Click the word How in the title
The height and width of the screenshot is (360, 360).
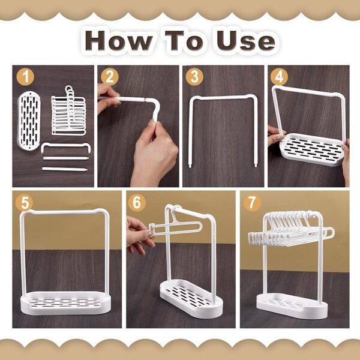point(119,41)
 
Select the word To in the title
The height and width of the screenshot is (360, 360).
point(185,41)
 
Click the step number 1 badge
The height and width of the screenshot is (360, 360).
point(25,77)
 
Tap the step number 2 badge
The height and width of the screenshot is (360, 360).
point(110,77)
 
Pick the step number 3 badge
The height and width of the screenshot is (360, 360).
point(194,77)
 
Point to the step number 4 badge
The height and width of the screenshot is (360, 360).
point(279,76)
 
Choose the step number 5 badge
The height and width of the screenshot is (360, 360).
point(24,203)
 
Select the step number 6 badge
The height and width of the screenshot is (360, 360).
point(137,203)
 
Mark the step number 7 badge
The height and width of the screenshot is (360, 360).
point(252,203)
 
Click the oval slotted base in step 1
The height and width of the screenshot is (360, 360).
point(29,121)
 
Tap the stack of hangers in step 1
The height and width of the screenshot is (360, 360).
point(68,110)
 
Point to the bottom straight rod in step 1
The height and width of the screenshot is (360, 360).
point(65,169)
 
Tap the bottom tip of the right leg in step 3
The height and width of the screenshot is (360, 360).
point(256,166)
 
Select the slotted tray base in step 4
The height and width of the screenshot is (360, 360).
point(313,149)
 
